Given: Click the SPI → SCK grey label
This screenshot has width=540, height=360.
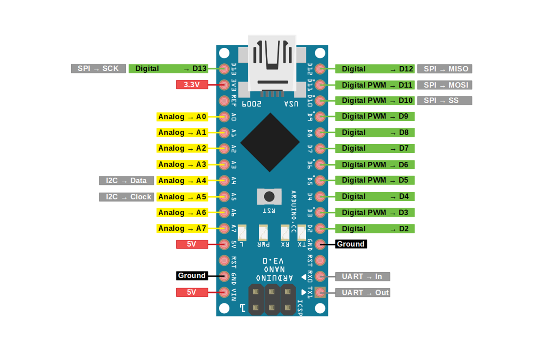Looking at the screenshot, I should (98, 69).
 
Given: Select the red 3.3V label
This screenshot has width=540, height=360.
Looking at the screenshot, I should (192, 85).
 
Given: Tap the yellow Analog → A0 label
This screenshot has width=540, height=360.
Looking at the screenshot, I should (182, 117).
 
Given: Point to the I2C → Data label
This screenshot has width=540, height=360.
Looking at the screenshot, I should (126, 181).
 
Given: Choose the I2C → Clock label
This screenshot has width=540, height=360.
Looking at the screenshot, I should (126, 197).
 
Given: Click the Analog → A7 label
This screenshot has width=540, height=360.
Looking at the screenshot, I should (182, 229).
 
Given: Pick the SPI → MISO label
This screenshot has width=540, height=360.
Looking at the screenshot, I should (445, 69).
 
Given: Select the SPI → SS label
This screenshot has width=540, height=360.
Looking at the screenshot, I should (445, 100).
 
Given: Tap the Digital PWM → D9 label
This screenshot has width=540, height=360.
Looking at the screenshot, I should (375, 116).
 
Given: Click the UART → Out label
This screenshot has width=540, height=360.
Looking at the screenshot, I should (362, 292).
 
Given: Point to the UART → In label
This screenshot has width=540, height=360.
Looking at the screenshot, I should (362, 277).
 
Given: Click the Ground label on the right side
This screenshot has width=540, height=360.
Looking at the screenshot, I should (351, 244).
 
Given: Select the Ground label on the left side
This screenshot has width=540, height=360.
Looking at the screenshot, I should (192, 276).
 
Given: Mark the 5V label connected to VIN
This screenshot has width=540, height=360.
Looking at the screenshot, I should (192, 292).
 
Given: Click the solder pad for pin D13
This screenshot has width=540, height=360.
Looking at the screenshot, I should (224, 69).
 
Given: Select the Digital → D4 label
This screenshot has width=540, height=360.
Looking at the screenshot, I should (375, 196).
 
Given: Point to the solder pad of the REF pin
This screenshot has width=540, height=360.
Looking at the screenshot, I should (224, 101).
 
